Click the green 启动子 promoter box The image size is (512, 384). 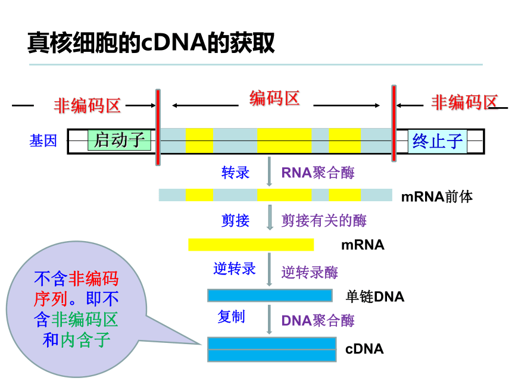pyautogui.click(x=119, y=141)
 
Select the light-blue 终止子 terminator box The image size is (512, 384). pyautogui.click(x=438, y=141)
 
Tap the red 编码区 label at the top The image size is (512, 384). pyautogui.click(x=274, y=98)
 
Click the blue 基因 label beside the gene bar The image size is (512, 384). pyautogui.click(x=43, y=141)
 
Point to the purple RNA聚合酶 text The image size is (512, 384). pyautogui.click(x=318, y=173)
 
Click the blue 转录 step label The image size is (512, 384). pyautogui.click(x=235, y=173)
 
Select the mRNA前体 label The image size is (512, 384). pyautogui.click(x=437, y=196)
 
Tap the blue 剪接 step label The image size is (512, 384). pyautogui.click(x=235, y=220)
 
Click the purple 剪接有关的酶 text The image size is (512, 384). pyautogui.click(x=324, y=220)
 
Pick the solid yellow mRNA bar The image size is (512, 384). pyautogui.click(x=251, y=245)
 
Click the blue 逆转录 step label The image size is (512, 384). pyautogui.click(x=235, y=269)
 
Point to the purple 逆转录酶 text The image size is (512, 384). pyautogui.click(x=310, y=272)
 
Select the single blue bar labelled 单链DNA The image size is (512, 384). pyautogui.click(x=270, y=295)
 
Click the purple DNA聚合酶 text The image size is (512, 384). pyautogui.click(x=318, y=320)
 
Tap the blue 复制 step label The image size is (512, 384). pyautogui.click(x=231, y=316)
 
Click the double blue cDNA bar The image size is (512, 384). pyautogui.click(x=272, y=349)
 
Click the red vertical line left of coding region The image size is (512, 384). pyautogui.click(x=158, y=127)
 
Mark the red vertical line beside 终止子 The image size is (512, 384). pyautogui.click(x=394, y=123)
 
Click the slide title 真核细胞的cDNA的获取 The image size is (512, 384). pyautogui.click(x=151, y=42)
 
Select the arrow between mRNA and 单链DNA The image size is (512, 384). pyautogui.click(x=269, y=270)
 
